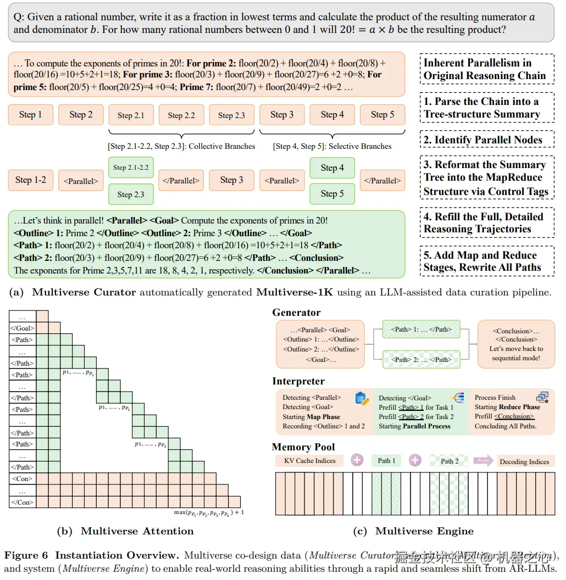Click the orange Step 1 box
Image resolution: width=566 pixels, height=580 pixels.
point(31,115)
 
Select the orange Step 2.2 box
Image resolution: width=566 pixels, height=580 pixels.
point(181,115)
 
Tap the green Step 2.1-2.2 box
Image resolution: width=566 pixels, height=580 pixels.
point(131,168)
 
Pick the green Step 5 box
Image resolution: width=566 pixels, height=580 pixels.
point(332,193)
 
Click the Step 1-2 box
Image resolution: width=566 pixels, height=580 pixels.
point(31,180)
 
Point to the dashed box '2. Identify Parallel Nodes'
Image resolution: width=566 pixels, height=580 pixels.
point(482,140)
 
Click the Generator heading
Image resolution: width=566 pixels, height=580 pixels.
point(296,313)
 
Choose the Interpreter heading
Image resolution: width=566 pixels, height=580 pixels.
point(298,381)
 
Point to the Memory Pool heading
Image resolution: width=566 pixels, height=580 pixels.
point(303,447)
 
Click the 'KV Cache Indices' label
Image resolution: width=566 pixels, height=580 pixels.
point(309,461)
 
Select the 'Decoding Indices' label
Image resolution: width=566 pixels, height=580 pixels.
point(524,462)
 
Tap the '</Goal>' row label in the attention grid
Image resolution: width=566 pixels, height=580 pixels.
point(22,328)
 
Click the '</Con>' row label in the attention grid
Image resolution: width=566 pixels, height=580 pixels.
point(22,502)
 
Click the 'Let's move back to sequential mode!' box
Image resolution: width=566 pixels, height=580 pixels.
point(517,344)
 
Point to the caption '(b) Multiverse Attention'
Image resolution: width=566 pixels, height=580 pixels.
point(125,531)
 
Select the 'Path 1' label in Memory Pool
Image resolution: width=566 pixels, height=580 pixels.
point(386,461)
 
